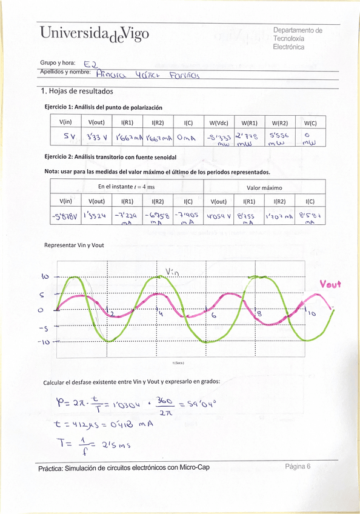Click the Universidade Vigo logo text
coord(93,35)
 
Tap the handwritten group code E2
coord(91,63)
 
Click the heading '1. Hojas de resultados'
coord(76,92)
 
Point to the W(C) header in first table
coord(310,122)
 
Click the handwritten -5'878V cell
coord(65,216)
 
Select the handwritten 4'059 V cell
coord(218,215)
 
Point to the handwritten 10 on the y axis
coord(44,276)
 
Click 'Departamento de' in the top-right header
coord(298,30)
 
